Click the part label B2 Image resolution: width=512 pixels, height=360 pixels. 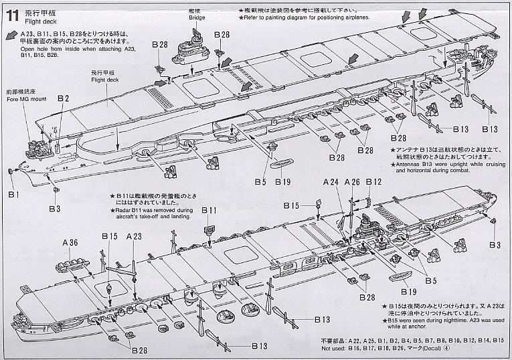[64, 98]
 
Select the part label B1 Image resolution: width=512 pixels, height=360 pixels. [14, 194]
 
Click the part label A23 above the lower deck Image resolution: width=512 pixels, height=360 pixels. [134, 236]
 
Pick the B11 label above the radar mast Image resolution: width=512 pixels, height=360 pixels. [209, 210]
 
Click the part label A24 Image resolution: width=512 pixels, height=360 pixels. [331, 182]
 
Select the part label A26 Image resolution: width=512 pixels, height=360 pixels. [353, 182]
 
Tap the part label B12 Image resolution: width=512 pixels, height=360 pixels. [374, 182]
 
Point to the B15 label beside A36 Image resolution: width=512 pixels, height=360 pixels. [110, 236]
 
